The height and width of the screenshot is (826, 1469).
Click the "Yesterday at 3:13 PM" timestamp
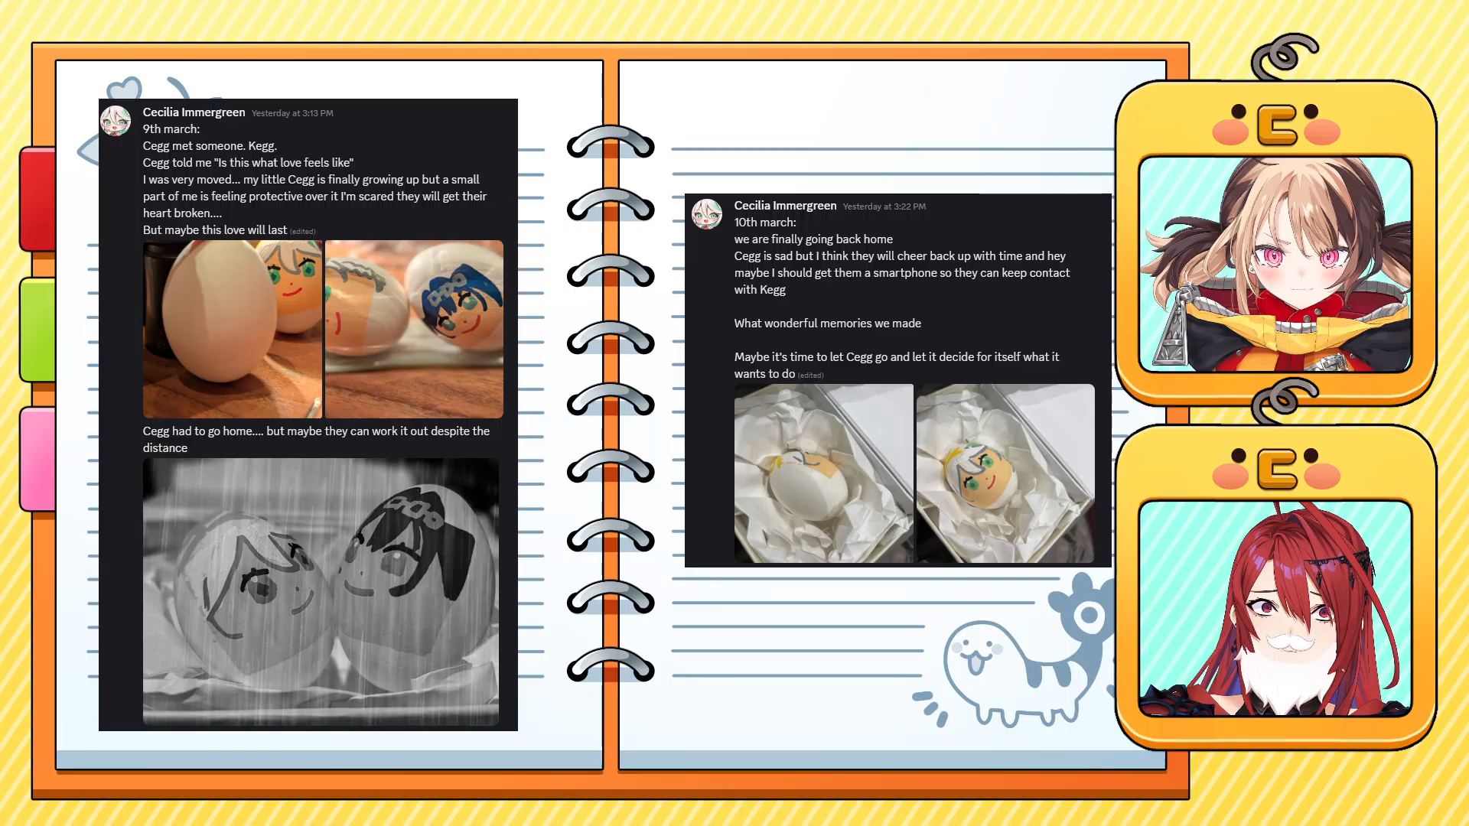292,113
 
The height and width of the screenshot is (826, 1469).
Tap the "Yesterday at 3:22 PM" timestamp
884,206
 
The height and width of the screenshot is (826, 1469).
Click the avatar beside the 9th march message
116,121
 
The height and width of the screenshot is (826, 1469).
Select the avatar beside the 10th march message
707,214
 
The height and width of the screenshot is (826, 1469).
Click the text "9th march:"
171,129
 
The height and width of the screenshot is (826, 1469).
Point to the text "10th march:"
765,223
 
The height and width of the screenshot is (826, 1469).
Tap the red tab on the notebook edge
38,199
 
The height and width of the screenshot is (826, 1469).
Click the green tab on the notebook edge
38,330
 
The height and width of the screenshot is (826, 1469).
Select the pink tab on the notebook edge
38,459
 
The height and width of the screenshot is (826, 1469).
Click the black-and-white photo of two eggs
321,591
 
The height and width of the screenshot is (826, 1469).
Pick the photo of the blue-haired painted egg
414,329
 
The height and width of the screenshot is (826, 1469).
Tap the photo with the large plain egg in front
233,329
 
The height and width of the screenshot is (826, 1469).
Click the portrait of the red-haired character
1275,608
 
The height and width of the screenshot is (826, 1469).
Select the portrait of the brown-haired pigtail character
1275,264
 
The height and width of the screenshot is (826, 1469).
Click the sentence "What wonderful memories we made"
828,324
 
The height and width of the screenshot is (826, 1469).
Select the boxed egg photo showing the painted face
1005,473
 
